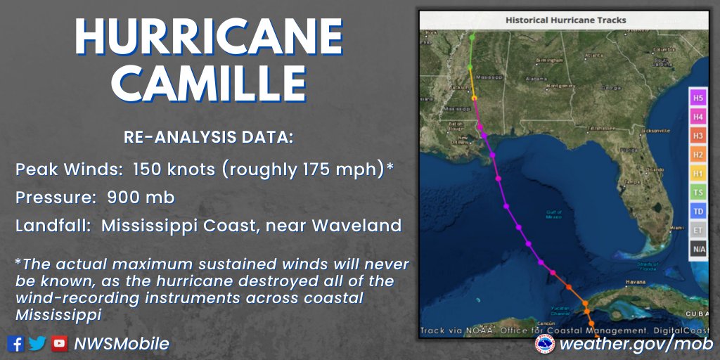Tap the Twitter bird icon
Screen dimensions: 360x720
click(x=37, y=344)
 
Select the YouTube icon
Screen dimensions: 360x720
click(x=60, y=344)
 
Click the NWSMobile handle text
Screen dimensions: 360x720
click(x=121, y=344)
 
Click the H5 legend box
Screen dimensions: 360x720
click(x=697, y=97)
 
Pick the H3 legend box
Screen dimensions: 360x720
click(x=697, y=135)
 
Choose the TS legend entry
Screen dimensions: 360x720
click(x=697, y=192)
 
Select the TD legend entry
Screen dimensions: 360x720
click(x=697, y=211)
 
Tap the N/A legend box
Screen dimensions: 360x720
click(x=697, y=249)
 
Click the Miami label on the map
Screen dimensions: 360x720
click(x=677, y=228)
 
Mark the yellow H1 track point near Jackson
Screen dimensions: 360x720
click(x=474, y=98)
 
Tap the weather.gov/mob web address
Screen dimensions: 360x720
click(x=636, y=344)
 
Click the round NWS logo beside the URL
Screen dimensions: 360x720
click(x=545, y=344)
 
